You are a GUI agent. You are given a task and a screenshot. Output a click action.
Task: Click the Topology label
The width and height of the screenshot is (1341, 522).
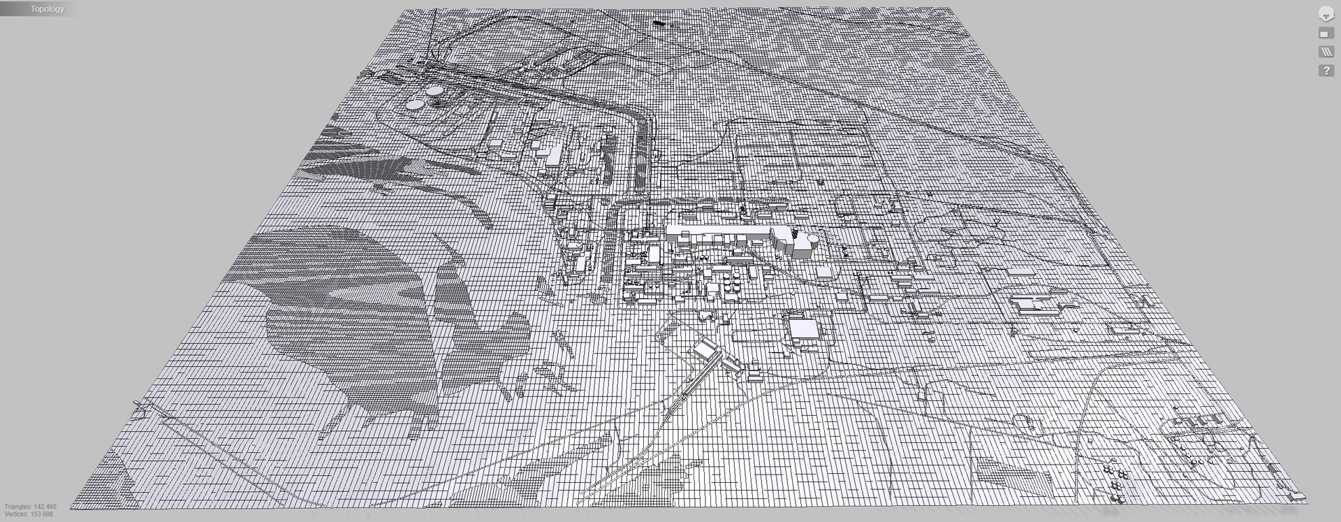click(47, 9)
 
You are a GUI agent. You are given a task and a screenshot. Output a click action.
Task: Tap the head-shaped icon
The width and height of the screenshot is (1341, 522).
click(1326, 14)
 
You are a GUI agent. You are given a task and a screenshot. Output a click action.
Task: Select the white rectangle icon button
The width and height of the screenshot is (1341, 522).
click(1326, 34)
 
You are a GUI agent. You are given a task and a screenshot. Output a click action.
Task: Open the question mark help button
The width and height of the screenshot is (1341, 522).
click(1326, 71)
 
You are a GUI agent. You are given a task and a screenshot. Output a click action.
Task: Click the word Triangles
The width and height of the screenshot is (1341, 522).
click(17, 507)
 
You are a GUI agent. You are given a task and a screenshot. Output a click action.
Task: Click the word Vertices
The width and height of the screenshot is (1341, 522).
click(16, 514)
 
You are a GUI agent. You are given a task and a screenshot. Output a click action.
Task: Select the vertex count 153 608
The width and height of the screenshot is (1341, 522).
click(42, 514)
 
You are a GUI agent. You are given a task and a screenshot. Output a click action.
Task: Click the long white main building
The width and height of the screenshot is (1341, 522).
click(719, 233)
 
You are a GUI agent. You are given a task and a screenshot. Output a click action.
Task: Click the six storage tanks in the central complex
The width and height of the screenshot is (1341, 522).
click(732, 283)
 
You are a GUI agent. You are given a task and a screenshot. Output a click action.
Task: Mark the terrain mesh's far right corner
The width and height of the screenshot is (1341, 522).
click(971, 9)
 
